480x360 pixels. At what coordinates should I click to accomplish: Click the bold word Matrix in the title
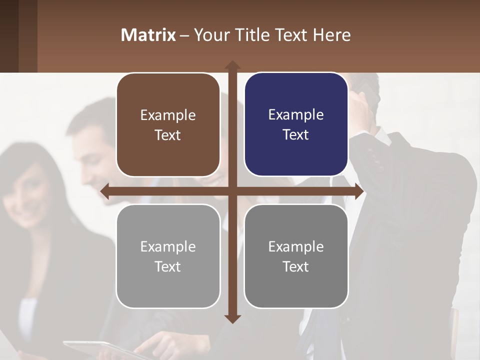(x=148, y=35)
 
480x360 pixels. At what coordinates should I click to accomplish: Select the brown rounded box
(x=168, y=125)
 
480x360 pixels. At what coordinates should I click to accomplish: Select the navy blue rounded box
(x=296, y=124)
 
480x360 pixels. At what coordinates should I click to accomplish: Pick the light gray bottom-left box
(x=168, y=256)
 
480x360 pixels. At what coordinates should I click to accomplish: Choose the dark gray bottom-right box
(x=296, y=256)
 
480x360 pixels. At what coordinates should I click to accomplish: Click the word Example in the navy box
(x=296, y=114)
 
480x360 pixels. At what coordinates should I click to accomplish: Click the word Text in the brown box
(x=168, y=135)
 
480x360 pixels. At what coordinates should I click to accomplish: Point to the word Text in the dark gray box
(x=296, y=266)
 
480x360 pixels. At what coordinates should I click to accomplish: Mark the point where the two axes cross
(x=232, y=191)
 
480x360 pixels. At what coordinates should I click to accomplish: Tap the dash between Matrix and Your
(x=184, y=35)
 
